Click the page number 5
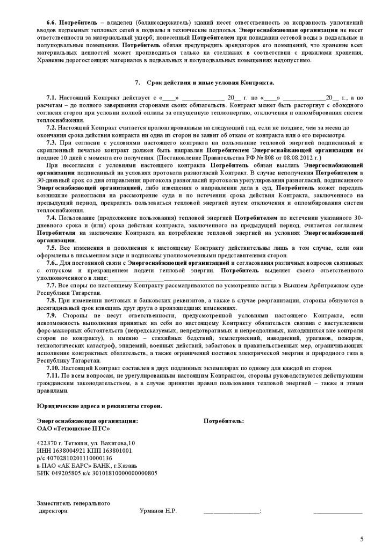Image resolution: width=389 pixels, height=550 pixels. pyautogui.click(x=362, y=539)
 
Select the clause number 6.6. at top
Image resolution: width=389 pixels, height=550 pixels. pyautogui.click(x=52, y=23)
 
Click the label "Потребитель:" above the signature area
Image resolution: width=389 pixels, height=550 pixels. pyautogui.click(x=224, y=421)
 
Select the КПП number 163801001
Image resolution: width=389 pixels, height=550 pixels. pyautogui.click(x=114, y=451)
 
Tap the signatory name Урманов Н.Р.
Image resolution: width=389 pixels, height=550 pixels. pyautogui.click(x=158, y=511)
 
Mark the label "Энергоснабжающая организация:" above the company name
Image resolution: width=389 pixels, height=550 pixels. pyautogui.click(x=87, y=421)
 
